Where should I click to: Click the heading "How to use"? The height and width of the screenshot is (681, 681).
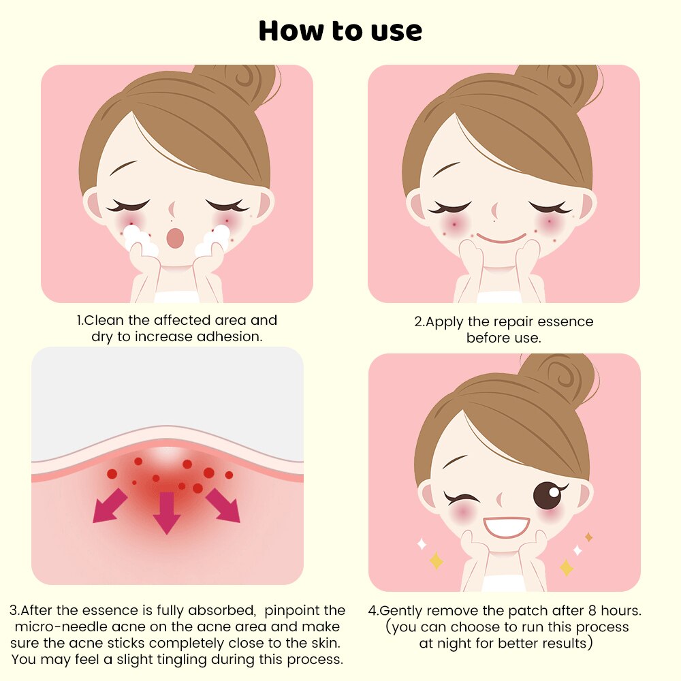pyautogui.click(x=340, y=31)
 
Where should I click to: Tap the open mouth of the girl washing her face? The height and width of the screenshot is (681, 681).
pyautogui.click(x=176, y=237)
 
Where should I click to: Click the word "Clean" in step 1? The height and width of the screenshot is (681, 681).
pyautogui.click(x=102, y=320)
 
